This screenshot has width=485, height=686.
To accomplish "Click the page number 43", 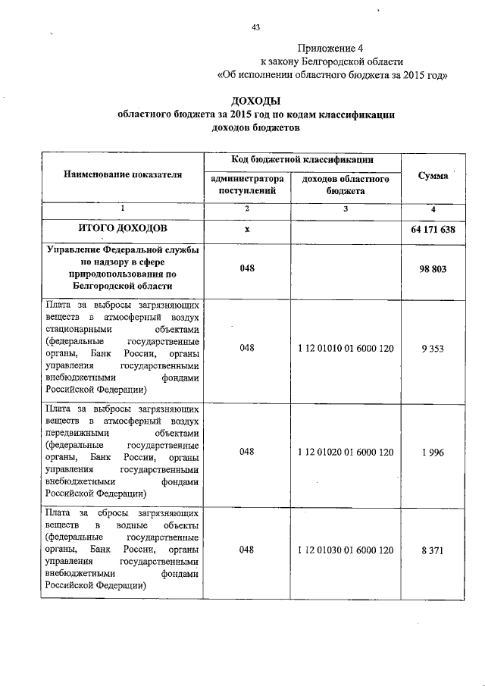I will point(255,27).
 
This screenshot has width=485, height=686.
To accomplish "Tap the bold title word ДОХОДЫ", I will point(255,102).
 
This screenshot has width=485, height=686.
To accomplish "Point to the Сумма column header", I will point(432,175).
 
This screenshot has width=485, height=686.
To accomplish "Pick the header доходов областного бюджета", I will point(346,186).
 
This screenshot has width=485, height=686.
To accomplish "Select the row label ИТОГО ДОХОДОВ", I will point(123,228).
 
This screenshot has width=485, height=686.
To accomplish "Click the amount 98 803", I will point(432,269).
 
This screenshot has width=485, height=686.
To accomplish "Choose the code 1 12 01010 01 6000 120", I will point(346,348).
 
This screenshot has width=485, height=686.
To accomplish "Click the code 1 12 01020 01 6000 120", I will point(346,452).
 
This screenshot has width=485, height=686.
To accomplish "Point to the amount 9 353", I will point(432,348).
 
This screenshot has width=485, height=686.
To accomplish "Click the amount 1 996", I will point(432,452).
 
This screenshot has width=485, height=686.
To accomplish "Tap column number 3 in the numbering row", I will point(346,208).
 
